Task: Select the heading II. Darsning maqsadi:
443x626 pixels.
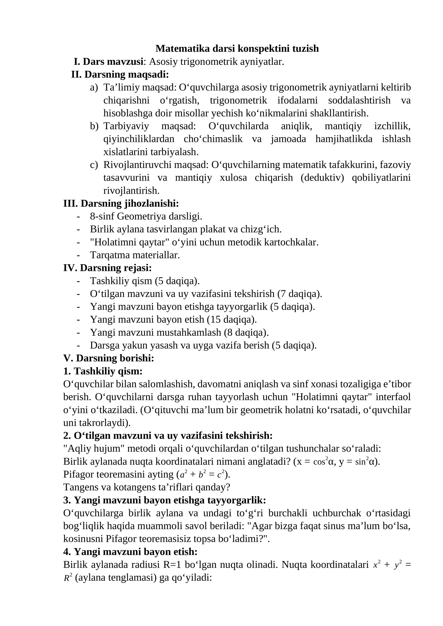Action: pyautogui.click(x=120, y=74)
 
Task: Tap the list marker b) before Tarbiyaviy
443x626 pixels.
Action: pyautogui.click(x=94, y=126)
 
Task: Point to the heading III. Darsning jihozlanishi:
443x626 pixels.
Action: pyautogui.click(x=121, y=203)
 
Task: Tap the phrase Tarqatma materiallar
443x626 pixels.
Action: pyautogui.click(x=135, y=255)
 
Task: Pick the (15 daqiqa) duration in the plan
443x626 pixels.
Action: pyautogui.click(x=232, y=319)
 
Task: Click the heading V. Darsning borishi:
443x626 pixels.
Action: pyautogui.click(x=109, y=358)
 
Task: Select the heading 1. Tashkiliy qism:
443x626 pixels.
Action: pyautogui.click(x=103, y=371)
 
